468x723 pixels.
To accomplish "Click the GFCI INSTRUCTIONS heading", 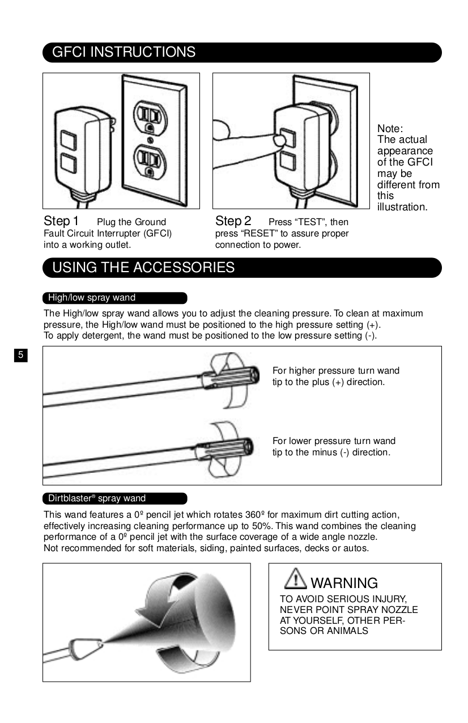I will pyautogui.click(x=124, y=52).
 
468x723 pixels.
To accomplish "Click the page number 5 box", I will pyautogui.click(x=20, y=356).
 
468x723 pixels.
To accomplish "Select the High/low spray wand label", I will pyautogui.click(x=92, y=298).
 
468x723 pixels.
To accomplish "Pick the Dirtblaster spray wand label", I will pyautogui.click(x=97, y=498).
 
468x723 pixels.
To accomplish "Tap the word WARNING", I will pyautogui.click(x=344, y=583).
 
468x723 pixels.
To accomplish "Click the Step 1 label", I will pyautogui.click(x=61, y=221).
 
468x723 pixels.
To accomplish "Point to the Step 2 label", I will pyautogui.click(x=233, y=221).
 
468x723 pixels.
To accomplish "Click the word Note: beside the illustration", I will pyautogui.click(x=390, y=129).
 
